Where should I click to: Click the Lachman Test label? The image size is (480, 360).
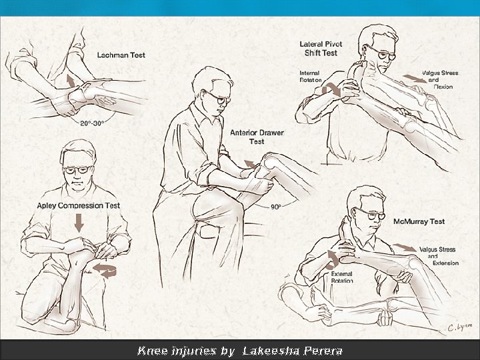point(121,55)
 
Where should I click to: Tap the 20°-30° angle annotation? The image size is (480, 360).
point(92,123)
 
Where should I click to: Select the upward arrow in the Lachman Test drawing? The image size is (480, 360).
point(71,81)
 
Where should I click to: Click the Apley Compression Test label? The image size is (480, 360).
point(79,205)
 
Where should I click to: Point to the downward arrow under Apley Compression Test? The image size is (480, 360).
point(79,223)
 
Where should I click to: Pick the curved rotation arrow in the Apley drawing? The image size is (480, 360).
point(105,271)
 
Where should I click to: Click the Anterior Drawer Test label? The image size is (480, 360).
point(257,137)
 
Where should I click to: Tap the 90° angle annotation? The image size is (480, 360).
point(276,207)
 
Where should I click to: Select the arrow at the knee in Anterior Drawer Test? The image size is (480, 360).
point(250,165)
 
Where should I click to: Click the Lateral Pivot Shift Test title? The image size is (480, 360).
point(321,49)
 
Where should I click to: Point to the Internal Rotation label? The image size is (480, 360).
point(311,77)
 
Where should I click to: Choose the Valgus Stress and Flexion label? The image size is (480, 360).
point(440,80)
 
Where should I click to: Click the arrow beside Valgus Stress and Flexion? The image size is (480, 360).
point(415,79)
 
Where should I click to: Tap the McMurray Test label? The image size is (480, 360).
point(419,221)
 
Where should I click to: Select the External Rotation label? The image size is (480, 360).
point(342,277)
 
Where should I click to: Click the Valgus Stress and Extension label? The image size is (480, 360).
point(439,256)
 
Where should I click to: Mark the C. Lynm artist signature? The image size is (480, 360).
point(459,327)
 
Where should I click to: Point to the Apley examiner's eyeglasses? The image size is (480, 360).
point(78,169)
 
